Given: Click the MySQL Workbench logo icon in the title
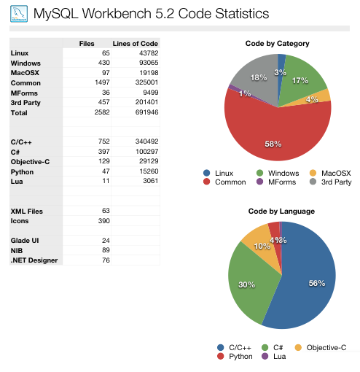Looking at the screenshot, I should click(x=20, y=14).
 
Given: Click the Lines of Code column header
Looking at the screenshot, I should click(x=136, y=44).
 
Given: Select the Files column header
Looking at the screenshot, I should click(x=87, y=44).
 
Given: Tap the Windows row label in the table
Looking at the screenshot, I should click(x=26, y=63).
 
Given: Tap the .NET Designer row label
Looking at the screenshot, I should click(x=35, y=260).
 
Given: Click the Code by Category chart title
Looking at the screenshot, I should click(x=278, y=44).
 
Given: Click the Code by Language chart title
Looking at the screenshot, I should click(x=281, y=212).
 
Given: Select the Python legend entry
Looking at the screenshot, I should click(x=236, y=357).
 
